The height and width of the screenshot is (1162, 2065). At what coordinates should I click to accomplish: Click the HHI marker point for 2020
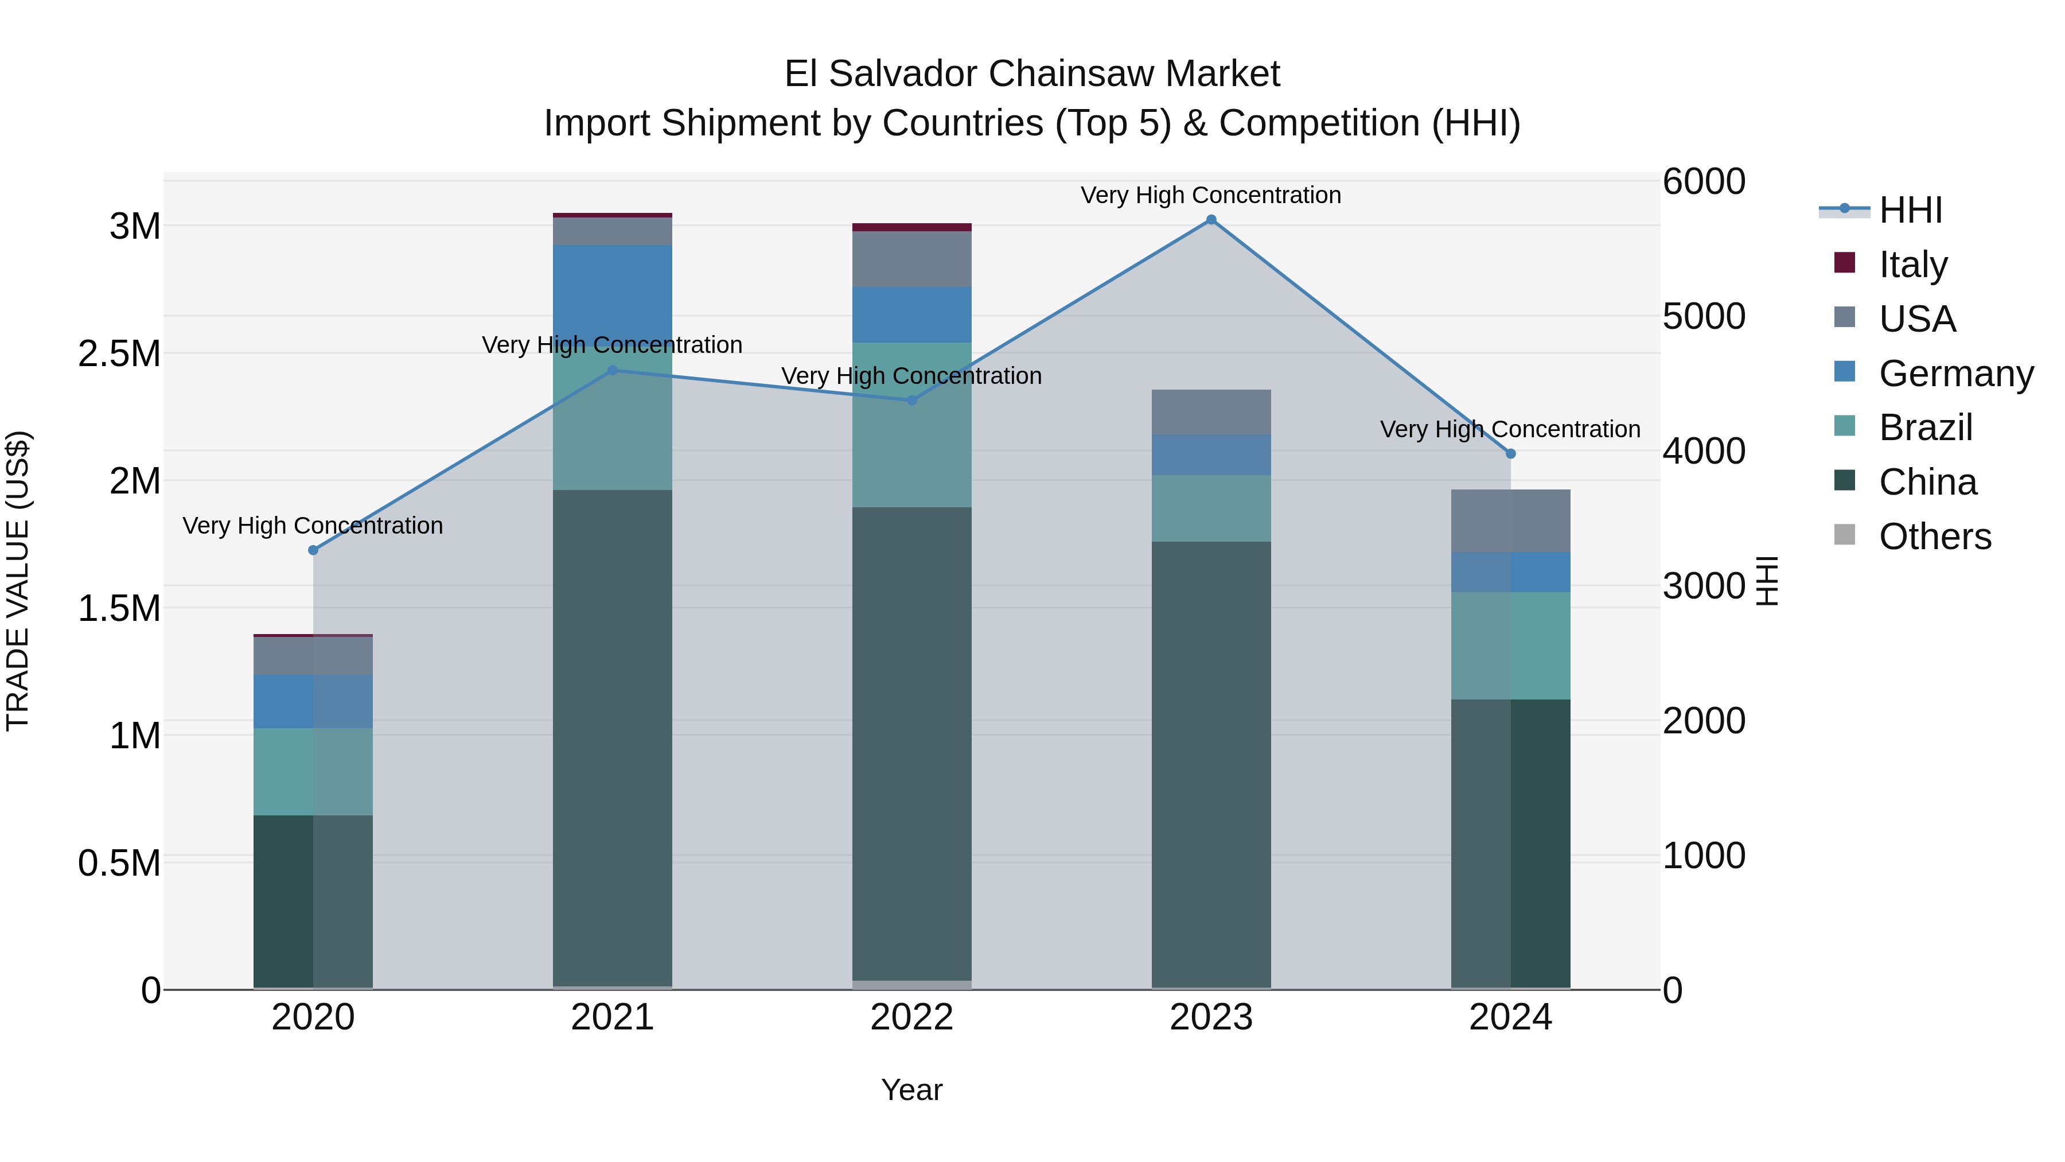pos(313,550)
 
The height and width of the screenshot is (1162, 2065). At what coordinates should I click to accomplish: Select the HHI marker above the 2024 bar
pos(1510,454)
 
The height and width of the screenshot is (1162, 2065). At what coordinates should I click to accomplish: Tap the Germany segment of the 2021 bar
pos(613,293)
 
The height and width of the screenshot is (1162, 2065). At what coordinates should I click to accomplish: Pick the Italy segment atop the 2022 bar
pos(911,227)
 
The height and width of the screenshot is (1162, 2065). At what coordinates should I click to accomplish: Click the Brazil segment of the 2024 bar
pos(1510,646)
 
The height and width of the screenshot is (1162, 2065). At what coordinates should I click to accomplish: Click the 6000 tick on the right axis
pos(1704,181)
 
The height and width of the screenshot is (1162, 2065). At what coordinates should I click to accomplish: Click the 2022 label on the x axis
pos(911,1017)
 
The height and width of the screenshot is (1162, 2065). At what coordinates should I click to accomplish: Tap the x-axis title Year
pos(911,1090)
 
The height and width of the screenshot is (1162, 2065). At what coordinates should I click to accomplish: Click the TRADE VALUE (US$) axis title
pos(18,581)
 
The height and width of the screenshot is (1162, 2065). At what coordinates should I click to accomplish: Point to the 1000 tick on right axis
pos(1704,856)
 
